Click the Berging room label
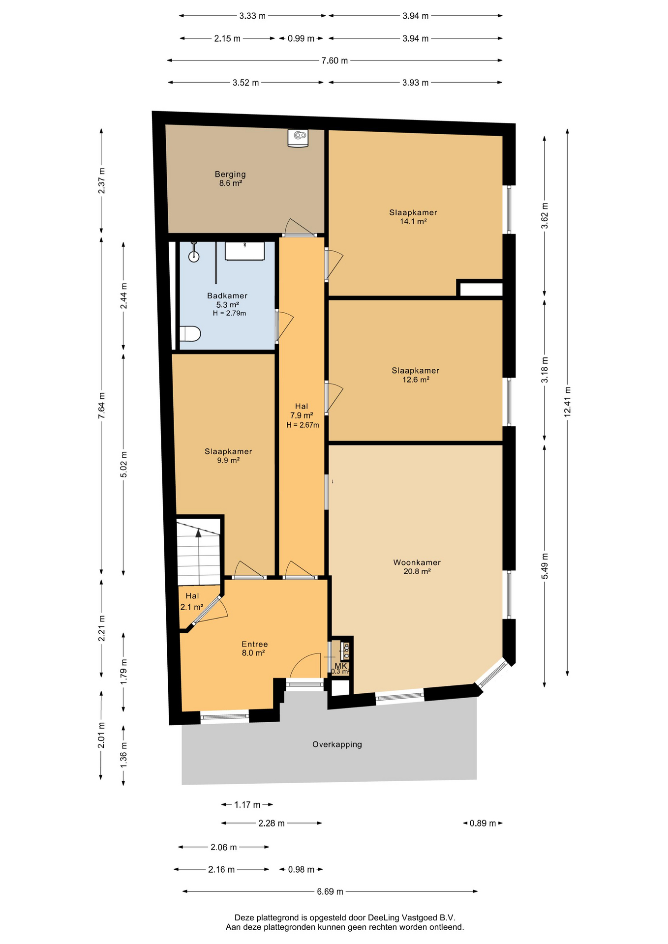(230, 174)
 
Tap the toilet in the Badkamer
(190, 334)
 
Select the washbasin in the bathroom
(244, 251)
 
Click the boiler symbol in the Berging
(298, 138)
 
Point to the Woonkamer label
(417, 562)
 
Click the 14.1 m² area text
(413, 222)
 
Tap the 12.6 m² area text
(416, 380)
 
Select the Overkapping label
(337, 744)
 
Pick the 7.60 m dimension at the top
(334, 60)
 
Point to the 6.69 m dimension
(330, 891)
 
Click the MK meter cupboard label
(341, 666)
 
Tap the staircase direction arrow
(199, 533)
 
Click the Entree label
(254, 644)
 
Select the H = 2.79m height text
(229, 313)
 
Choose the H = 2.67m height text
(303, 425)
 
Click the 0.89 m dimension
(483, 823)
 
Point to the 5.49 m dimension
(545, 566)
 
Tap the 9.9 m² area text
(228, 461)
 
